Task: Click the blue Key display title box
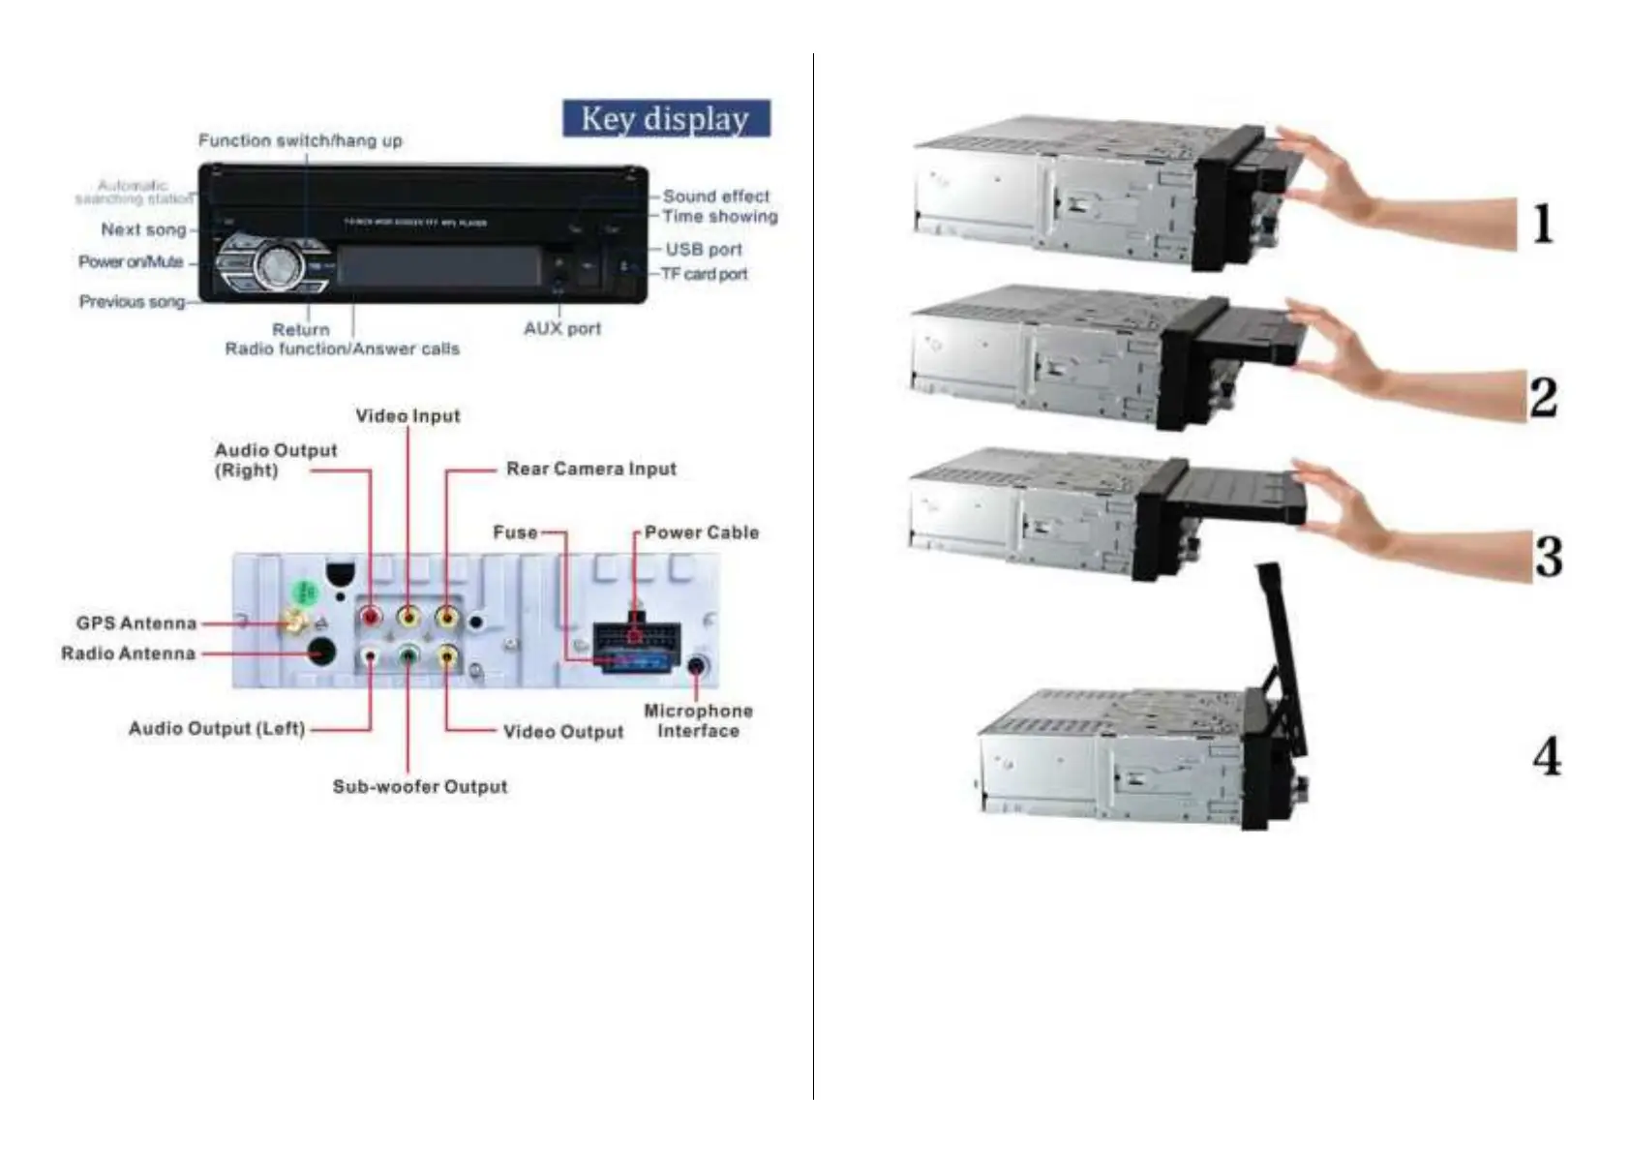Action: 666,118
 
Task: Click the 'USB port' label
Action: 704,249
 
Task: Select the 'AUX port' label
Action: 562,328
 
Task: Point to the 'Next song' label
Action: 143,229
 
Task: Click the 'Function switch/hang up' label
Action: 300,140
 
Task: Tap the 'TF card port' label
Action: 705,274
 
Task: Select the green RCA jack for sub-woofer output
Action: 408,656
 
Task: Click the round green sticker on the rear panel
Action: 305,591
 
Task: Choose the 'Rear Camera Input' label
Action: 591,469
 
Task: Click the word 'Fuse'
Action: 515,532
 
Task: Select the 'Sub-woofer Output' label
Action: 420,786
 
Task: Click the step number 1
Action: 1544,224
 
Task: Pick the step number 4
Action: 1547,756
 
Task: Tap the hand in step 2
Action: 1355,358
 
